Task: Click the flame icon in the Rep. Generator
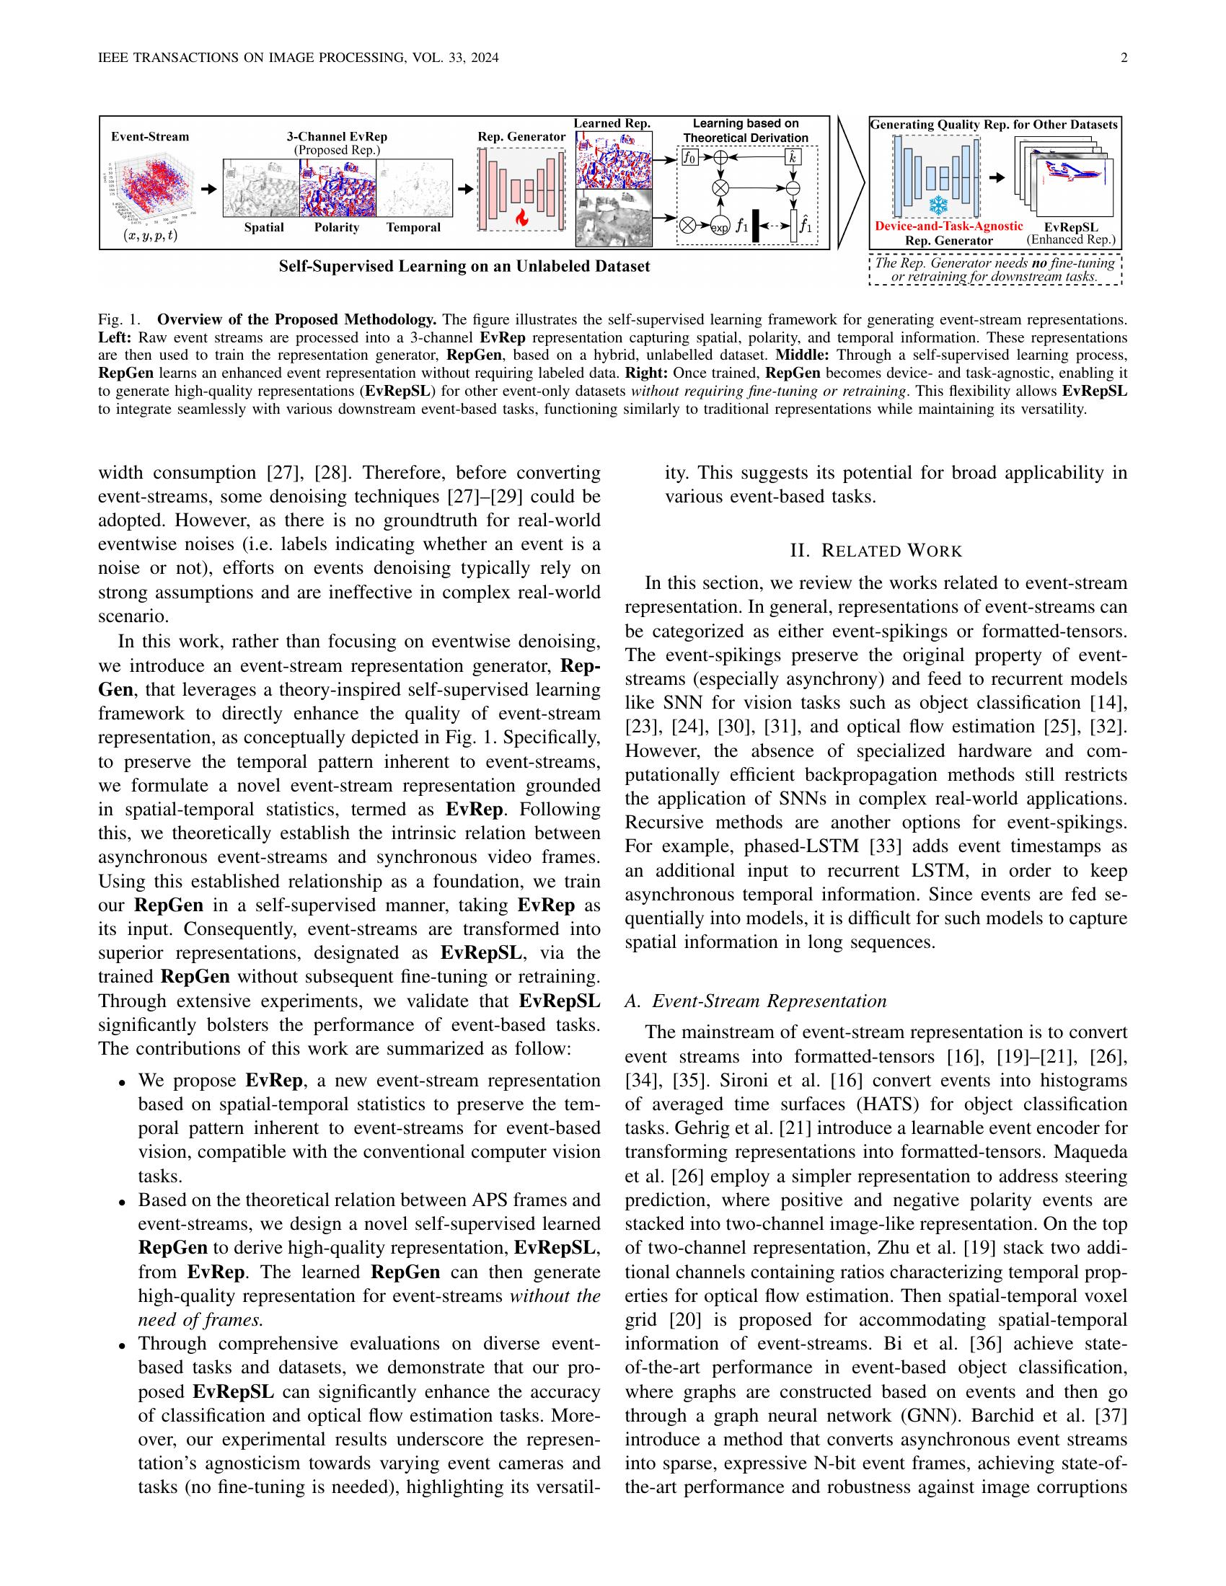click(521, 216)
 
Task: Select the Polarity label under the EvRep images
click(336, 228)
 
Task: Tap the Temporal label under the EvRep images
click(413, 228)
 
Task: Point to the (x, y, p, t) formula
click(151, 235)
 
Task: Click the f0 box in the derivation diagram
click(689, 156)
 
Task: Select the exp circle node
click(720, 226)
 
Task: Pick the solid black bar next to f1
click(756, 225)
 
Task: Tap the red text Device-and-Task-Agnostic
click(948, 226)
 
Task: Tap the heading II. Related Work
click(876, 551)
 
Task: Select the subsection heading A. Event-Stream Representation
click(755, 1001)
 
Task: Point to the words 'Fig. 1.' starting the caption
click(118, 319)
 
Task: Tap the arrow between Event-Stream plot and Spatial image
click(208, 188)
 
